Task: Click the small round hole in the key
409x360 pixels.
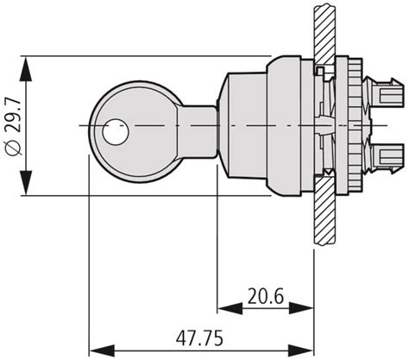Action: [x=114, y=133]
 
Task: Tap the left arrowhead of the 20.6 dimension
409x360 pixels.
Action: [x=223, y=309]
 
